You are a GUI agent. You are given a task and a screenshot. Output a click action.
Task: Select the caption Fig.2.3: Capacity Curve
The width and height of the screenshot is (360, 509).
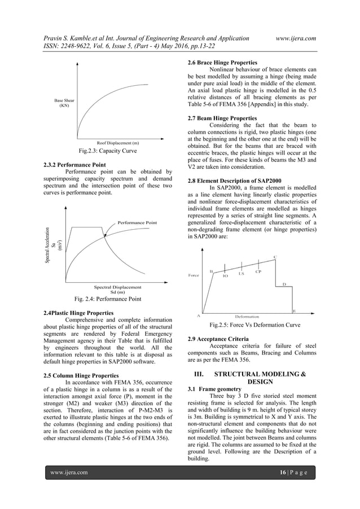(x=107, y=151)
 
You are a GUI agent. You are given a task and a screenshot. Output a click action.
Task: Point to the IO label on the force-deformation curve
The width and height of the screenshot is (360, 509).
(x=225, y=276)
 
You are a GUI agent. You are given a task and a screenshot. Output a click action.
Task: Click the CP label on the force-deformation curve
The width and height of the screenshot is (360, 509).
(x=258, y=272)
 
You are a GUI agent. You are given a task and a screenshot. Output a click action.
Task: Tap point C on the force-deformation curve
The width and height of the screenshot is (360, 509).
(x=275, y=257)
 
